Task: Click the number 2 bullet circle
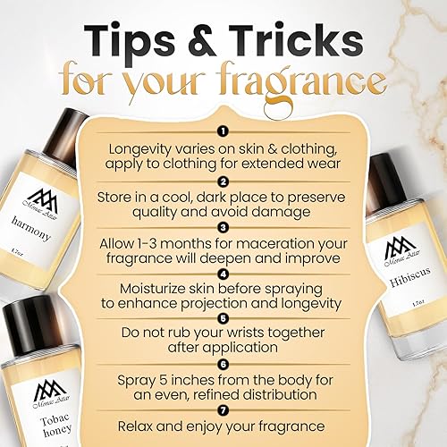[223, 181]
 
